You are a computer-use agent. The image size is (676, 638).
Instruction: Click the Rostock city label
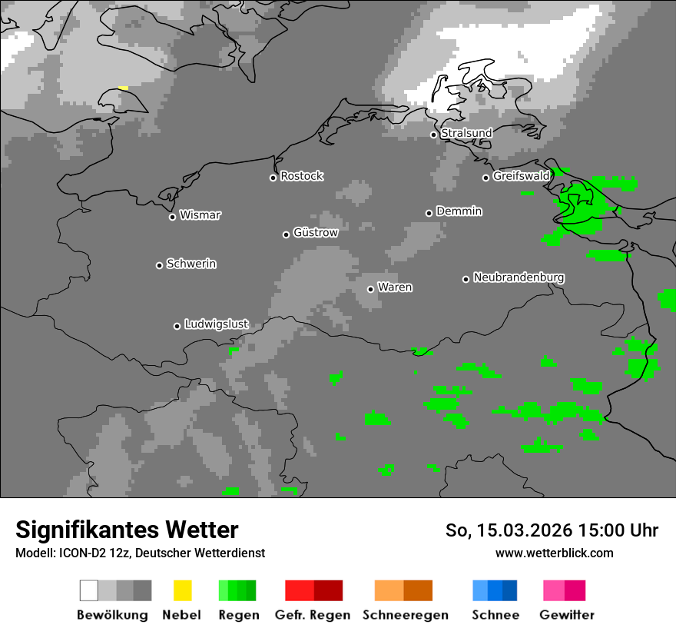click(302, 176)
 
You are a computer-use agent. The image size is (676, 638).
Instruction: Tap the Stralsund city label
click(466, 133)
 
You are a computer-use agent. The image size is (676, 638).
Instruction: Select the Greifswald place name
click(521, 176)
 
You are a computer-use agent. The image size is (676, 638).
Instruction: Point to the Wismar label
click(200, 215)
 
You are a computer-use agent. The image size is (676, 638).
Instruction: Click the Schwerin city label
click(191, 264)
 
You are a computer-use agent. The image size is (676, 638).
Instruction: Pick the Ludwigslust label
click(216, 324)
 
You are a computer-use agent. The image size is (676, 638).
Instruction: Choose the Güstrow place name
click(316, 232)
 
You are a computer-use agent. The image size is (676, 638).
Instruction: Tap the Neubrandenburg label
click(519, 277)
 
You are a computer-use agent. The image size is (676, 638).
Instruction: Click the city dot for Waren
click(370, 289)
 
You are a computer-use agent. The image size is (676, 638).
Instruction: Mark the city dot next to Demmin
click(429, 213)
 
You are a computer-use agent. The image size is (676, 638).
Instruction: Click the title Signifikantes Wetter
click(127, 530)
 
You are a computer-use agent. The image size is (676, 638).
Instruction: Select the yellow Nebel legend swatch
click(182, 590)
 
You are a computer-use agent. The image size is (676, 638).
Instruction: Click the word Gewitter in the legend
click(567, 615)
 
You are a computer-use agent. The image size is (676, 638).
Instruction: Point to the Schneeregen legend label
click(406, 615)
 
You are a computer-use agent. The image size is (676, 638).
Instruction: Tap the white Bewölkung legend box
click(88, 590)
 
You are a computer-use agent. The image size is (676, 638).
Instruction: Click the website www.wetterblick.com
click(554, 553)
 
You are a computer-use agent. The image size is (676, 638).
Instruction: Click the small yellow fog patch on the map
click(123, 88)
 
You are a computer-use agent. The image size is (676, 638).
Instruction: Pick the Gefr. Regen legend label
click(313, 615)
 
